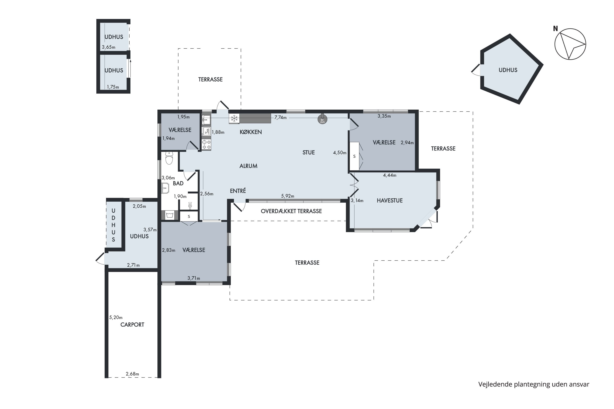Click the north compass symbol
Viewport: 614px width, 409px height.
(570, 44)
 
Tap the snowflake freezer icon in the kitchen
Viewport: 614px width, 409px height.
(234, 118)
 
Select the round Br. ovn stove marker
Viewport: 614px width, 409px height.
(322, 119)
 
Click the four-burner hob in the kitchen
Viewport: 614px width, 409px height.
(207, 145)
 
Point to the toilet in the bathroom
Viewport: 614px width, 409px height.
(169, 158)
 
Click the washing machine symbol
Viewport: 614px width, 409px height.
(170, 215)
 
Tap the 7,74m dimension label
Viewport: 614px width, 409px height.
(280, 118)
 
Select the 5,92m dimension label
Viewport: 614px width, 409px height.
(288, 196)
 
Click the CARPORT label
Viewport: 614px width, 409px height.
(132, 325)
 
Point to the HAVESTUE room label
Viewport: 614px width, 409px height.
(390, 201)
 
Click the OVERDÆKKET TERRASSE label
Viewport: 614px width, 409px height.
(291, 211)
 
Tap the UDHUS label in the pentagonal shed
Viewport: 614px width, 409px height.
(508, 70)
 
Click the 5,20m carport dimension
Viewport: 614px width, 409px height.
(116, 317)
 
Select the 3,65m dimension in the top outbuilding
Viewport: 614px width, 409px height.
(109, 47)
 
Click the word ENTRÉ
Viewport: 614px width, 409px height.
(238, 191)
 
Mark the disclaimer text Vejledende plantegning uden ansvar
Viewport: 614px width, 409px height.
(534, 384)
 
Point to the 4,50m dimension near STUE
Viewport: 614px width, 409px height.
(340, 153)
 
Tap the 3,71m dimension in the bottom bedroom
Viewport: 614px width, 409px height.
(194, 278)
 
